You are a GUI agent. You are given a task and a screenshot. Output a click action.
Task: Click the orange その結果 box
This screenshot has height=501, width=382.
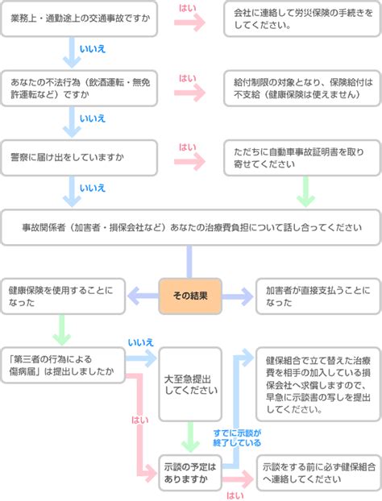[x=190, y=296]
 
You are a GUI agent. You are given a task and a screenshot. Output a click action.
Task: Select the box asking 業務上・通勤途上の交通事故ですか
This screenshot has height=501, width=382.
[x=79, y=19]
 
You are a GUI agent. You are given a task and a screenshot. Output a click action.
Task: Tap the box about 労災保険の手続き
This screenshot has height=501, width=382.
[x=302, y=19]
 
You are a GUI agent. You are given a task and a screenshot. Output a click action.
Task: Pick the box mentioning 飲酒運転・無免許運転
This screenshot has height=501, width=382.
[x=79, y=88]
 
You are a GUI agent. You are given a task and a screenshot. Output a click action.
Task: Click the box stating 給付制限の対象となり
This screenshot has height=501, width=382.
[x=302, y=88]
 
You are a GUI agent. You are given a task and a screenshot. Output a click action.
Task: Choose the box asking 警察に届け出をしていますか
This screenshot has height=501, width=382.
[x=79, y=158]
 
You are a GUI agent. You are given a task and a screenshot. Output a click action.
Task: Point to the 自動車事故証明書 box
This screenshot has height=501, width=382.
[x=302, y=158]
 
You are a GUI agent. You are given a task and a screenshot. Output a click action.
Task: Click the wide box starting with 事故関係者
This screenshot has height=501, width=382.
[x=191, y=227]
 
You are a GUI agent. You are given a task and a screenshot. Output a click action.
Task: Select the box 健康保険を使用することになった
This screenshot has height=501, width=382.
[x=63, y=296]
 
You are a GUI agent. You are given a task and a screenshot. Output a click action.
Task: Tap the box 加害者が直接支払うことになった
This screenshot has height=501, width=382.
[x=318, y=296]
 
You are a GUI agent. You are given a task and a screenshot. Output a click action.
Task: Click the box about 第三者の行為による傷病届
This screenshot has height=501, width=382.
[x=63, y=365]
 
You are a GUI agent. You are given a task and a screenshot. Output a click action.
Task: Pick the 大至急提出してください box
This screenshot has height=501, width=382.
[x=190, y=384]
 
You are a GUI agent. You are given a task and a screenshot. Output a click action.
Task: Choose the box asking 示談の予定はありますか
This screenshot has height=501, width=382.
[x=190, y=473]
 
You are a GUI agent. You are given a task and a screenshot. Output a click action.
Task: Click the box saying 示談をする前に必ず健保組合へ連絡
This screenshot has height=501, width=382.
[x=318, y=473]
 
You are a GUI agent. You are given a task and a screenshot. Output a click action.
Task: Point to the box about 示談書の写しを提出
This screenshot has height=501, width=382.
[x=318, y=384]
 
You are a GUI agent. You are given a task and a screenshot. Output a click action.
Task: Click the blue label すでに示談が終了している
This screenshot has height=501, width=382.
[x=237, y=437]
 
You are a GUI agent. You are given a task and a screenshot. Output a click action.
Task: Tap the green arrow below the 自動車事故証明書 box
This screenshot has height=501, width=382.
[x=306, y=191]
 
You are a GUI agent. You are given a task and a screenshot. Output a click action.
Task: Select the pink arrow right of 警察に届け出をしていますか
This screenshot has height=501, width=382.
[x=190, y=162]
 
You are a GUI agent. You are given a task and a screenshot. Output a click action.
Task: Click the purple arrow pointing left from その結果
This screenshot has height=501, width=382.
[x=143, y=296]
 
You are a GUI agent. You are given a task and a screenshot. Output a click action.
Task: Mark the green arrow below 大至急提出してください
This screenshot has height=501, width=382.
[x=190, y=437]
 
